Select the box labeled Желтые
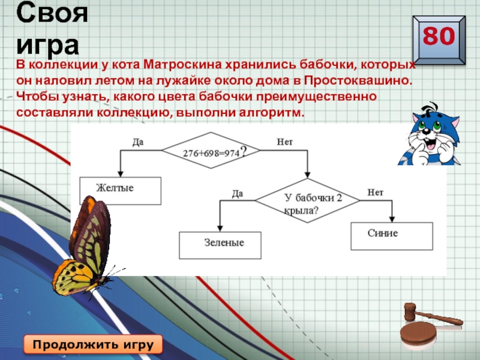(120, 190)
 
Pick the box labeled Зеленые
(220, 244)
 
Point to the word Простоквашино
(358, 80)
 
